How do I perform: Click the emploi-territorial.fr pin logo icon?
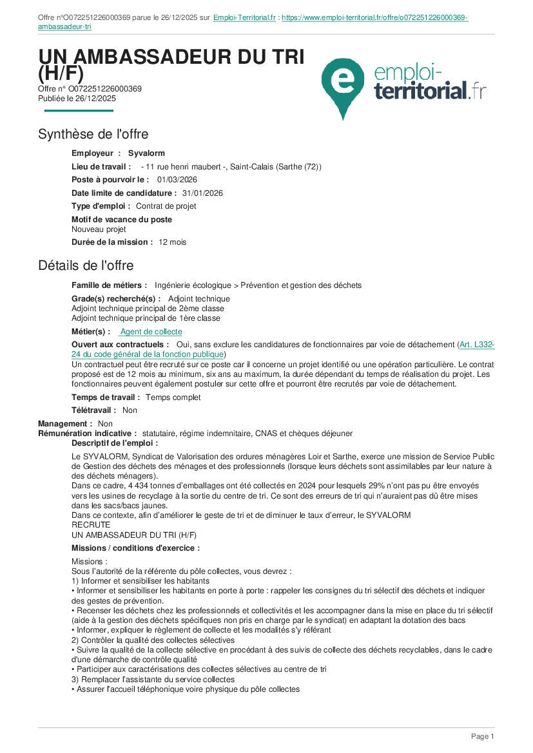click(x=346, y=84)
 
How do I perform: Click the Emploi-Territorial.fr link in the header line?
click(x=244, y=17)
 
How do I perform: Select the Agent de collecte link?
click(x=151, y=332)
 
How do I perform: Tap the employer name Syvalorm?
click(x=146, y=153)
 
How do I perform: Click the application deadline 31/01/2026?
click(x=202, y=193)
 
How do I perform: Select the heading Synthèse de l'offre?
click(x=93, y=134)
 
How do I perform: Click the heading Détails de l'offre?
click(x=86, y=265)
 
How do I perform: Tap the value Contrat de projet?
click(x=166, y=206)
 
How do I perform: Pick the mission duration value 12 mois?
click(x=172, y=242)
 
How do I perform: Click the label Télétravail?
click(x=93, y=410)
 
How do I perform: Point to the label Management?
click(x=64, y=424)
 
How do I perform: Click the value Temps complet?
click(x=173, y=397)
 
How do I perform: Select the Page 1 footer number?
click(x=482, y=736)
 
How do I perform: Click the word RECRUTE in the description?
click(x=90, y=525)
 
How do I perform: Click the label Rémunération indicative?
click(x=87, y=434)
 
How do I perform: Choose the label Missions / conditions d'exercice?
click(x=135, y=548)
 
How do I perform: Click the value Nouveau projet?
click(x=99, y=229)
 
